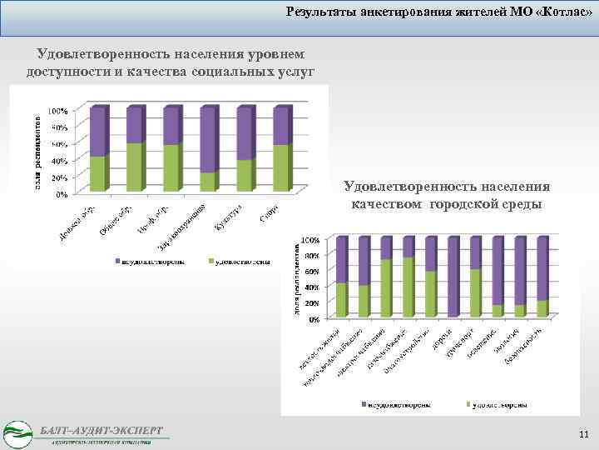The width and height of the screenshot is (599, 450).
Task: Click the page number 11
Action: (x=582, y=435)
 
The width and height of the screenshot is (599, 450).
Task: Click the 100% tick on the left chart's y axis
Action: (x=57, y=110)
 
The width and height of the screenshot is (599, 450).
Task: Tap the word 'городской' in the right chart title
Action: (x=463, y=204)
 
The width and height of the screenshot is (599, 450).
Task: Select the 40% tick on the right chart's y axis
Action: (x=311, y=287)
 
